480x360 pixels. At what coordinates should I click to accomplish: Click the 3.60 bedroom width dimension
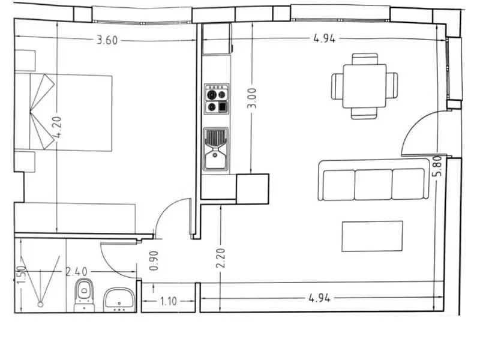(x=107, y=40)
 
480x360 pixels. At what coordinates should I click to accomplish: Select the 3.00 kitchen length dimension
(x=252, y=98)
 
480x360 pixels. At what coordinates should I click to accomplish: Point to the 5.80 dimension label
(x=437, y=166)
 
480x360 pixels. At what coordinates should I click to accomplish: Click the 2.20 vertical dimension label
(x=220, y=258)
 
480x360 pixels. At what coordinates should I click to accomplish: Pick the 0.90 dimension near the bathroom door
(x=154, y=261)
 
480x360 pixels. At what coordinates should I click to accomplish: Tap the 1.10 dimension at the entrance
(x=169, y=301)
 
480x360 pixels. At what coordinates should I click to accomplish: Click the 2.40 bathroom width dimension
(x=77, y=272)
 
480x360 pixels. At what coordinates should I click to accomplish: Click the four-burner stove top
(x=217, y=99)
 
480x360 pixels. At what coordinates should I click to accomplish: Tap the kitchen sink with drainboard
(x=215, y=149)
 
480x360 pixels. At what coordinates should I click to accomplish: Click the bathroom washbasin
(x=119, y=299)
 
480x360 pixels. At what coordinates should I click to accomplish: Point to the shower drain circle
(x=40, y=304)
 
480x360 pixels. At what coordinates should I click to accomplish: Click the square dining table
(x=364, y=86)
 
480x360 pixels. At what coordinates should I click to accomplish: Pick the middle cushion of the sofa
(x=373, y=185)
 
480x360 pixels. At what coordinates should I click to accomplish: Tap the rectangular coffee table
(x=372, y=236)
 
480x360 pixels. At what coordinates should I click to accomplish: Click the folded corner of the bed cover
(x=42, y=112)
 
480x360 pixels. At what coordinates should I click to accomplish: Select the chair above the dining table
(x=364, y=59)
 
